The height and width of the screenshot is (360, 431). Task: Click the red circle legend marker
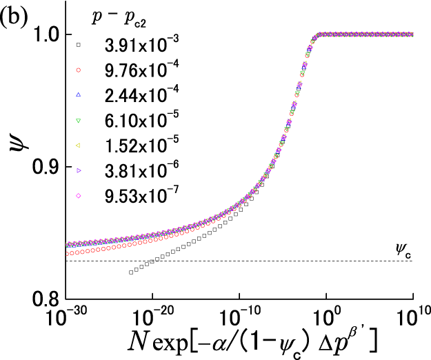78,70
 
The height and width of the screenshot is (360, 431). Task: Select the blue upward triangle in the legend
78,94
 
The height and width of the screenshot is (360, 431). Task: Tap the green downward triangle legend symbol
78,121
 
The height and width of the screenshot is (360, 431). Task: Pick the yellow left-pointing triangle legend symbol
78,145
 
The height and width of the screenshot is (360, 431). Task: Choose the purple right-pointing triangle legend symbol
79,170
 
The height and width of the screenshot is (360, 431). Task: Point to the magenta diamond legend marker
78,196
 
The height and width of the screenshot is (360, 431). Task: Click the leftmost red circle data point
67,254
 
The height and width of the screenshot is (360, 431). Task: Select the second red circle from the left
72,253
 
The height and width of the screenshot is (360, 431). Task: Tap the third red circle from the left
77,252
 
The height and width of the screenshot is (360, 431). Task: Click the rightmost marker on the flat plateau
411,34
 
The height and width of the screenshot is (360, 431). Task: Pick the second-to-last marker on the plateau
405,34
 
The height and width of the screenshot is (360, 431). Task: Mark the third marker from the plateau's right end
400,34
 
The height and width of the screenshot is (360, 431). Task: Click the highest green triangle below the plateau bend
312,41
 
